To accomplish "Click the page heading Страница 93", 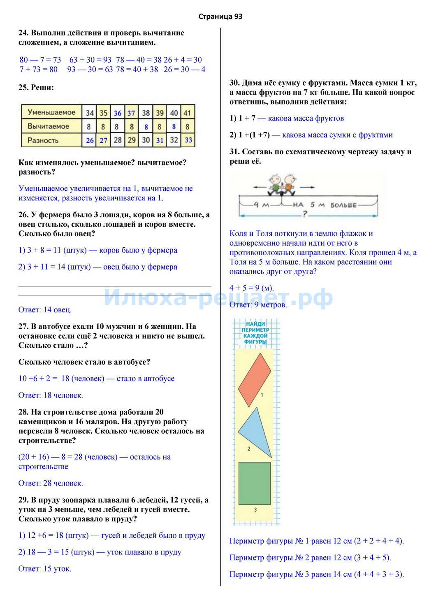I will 220,16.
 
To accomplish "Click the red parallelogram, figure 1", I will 255,379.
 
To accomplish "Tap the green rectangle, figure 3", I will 255,483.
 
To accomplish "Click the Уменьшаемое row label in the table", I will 51,112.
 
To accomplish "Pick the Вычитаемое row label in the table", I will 48,126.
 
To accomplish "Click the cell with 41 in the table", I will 188,113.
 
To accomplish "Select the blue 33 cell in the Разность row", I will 188,140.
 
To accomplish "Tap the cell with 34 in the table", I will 90,113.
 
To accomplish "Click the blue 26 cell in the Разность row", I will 90,140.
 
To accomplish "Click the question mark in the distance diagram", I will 305,214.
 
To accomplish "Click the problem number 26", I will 23,215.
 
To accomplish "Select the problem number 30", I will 234,83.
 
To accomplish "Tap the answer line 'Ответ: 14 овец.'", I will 45,310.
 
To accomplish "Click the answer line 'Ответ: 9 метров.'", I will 258,305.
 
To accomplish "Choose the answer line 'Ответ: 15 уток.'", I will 45,569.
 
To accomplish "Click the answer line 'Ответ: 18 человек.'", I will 51,395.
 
